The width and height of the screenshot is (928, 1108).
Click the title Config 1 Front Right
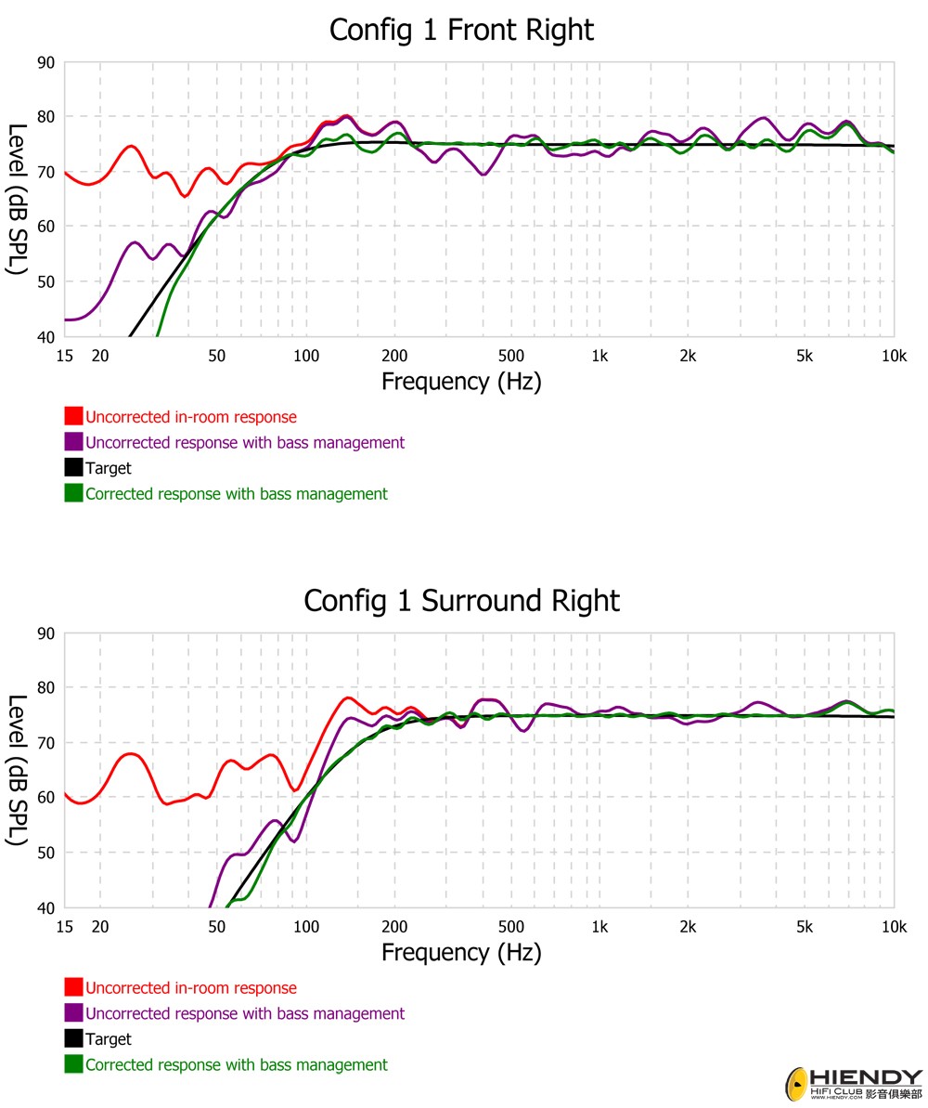[x=461, y=30]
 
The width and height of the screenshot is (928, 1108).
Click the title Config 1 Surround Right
[x=461, y=601]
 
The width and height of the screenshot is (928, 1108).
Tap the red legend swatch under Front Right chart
[x=73, y=417]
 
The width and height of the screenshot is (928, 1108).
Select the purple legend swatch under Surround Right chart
[x=73, y=1013]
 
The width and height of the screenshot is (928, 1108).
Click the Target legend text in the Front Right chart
[x=109, y=468]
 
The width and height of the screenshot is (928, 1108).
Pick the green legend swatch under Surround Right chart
[x=73, y=1064]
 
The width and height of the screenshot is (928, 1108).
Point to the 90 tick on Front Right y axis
[x=45, y=62]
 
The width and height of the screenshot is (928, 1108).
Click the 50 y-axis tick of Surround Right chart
[x=45, y=853]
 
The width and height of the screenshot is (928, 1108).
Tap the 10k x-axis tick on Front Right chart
[x=894, y=356]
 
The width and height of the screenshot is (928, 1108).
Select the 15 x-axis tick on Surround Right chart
[x=64, y=927]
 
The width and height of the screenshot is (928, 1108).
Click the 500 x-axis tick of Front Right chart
[x=510, y=356]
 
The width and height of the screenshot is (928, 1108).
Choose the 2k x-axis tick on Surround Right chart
[x=688, y=927]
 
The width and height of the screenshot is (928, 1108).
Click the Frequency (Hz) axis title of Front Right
[x=461, y=381]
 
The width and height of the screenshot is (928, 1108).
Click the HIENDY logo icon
[x=796, y=1084]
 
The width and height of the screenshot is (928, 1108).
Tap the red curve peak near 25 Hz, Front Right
[x=131, y=146]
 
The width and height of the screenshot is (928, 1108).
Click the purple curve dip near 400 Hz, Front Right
[x=483, y=174]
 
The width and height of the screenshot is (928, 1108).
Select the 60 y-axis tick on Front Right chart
[x=45, y=227]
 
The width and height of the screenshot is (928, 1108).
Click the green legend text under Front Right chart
[x=236, y=494]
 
